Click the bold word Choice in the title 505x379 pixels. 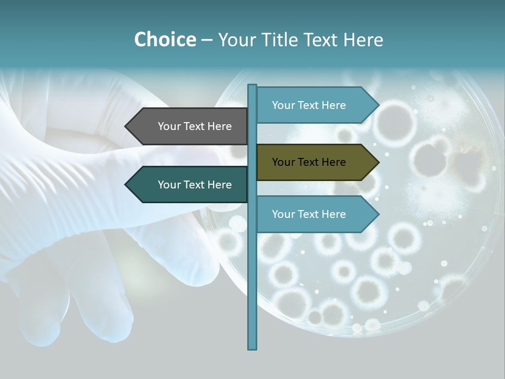(165, 39)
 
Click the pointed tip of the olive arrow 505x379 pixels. (378, 162)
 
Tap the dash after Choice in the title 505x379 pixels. (207, 40)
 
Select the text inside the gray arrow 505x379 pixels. (195, 126)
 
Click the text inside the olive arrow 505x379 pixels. (309, 162)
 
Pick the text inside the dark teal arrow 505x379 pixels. (195, 185)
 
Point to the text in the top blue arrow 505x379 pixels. (309, 105)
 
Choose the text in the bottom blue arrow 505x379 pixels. (309, 214)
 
